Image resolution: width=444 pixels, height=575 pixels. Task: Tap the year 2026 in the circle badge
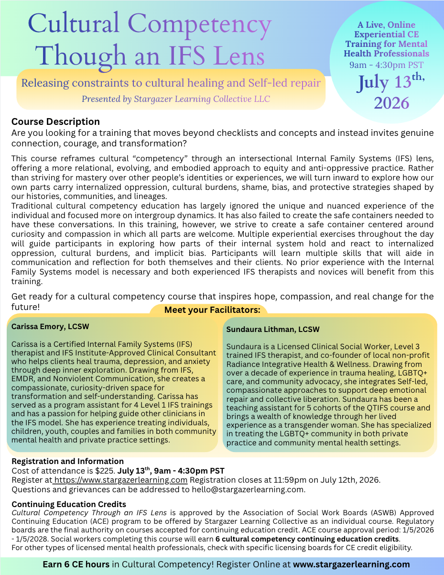(x=391, y=103)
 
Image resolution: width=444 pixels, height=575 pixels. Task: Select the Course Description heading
(x=55, y=122)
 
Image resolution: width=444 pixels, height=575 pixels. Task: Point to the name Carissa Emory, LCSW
(x=50, y=327)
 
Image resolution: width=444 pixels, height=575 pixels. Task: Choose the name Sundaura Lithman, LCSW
(x=273, y=330)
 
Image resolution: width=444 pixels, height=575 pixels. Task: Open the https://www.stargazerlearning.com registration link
(x=121, y=480)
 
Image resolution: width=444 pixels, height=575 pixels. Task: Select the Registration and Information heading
(x=67, y=462)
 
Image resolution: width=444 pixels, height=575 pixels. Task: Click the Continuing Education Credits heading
(x=69, y=504)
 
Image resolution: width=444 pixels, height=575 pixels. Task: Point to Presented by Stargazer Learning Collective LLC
(x=175, y=99)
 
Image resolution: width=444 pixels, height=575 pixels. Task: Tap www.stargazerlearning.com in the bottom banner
(x=351, y=564)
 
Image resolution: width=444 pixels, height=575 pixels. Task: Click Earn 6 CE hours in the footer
(x=76, y=564)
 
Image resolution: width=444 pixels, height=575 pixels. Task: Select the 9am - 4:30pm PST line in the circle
(x=386, y=64)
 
